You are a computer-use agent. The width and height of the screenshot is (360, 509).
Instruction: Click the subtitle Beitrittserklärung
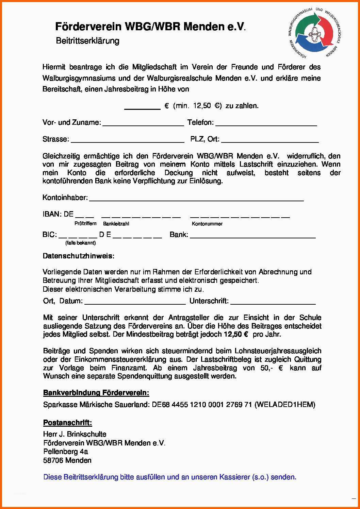pos(87,41)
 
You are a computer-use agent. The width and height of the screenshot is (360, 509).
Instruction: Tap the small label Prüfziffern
pos(85,223)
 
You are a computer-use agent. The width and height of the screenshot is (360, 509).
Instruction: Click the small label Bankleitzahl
pos(116,224)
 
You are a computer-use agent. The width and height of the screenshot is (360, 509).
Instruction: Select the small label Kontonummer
pos(207,224)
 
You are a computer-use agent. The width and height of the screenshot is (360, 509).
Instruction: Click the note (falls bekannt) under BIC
pos(81,243)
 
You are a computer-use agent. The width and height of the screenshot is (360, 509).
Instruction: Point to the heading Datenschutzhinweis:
pos(79,256)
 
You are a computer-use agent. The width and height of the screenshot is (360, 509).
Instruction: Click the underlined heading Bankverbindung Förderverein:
pos(96,393)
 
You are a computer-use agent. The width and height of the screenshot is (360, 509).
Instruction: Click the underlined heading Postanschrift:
pos(67,423)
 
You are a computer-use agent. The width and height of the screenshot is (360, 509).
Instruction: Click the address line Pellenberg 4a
pos(66,452)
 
